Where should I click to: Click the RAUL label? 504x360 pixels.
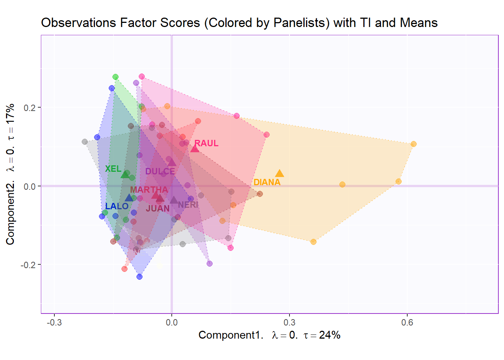coord(207,143)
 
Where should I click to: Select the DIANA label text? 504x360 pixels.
coord(267,182)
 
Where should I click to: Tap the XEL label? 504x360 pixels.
coord(113,169)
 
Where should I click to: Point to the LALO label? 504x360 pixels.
coord(117,206)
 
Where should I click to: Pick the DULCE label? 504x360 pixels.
coord(160,171)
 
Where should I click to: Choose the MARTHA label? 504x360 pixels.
coord(149,190)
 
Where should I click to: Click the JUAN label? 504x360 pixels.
coord(157,208)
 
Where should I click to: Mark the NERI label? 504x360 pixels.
coord(188,205)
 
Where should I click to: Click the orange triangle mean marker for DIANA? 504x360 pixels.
coord(279,173)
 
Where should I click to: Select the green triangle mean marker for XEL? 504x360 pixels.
coord(125,174)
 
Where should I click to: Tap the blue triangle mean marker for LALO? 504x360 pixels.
coord(129,198)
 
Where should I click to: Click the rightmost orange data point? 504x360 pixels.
coord(413,144)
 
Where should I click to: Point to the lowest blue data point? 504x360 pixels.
coord(139,277)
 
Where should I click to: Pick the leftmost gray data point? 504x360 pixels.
coord(85,142)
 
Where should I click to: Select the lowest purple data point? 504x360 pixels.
coord(210,264)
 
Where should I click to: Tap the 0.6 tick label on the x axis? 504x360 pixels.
coord(407,322)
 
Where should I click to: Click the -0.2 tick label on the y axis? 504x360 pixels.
coord(27,265)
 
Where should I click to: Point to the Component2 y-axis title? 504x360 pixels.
coord(10,174)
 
